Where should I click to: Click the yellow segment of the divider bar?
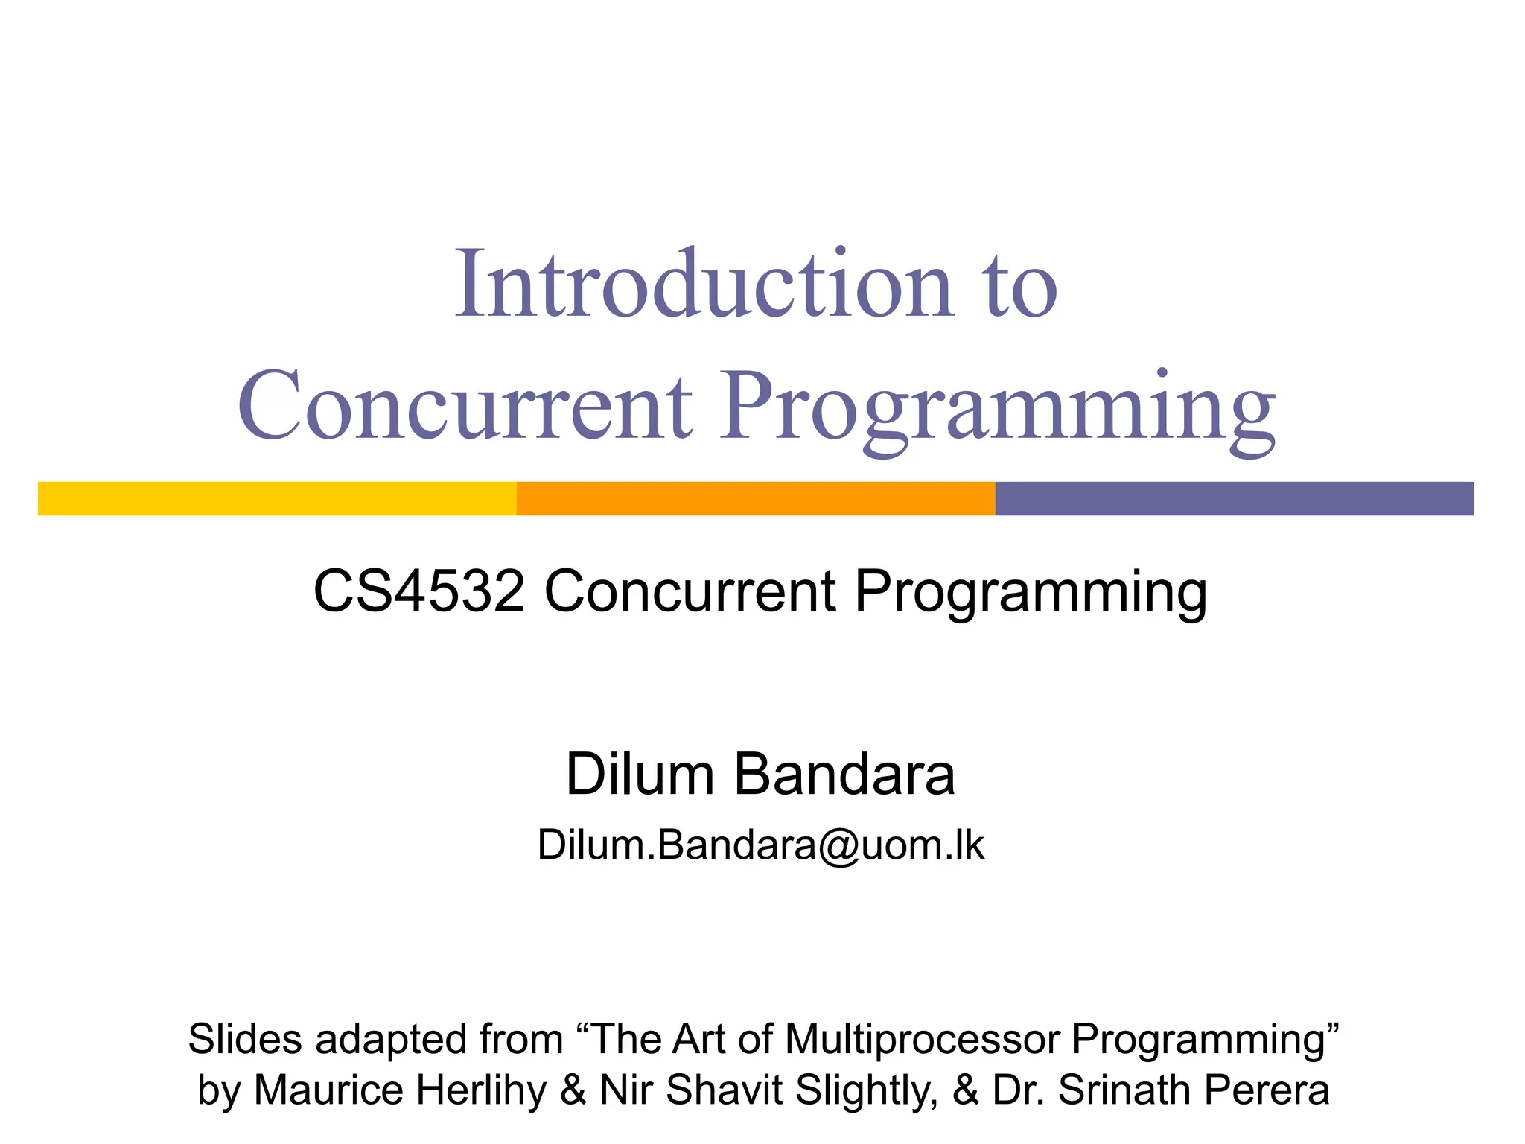pyautogui.click(x=277, y=498)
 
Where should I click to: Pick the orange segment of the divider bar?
pyautogui.click(x=756, y=498)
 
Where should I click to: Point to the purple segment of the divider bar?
pyautogui.click(x=1234, y=498)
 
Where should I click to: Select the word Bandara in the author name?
pyautogui.click(x=844, y=775)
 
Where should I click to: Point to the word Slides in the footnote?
pyautogui.click(x=245, y=1039)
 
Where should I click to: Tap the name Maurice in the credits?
pyautogui.click(x=330, y=1090)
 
